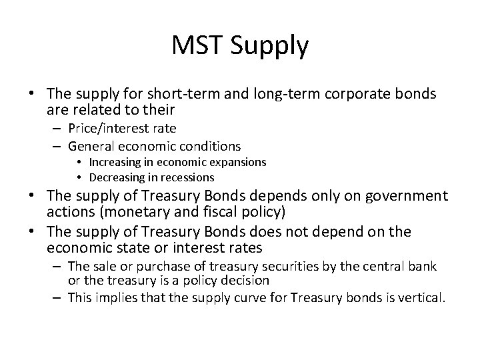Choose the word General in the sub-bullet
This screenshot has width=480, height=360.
[95, 145]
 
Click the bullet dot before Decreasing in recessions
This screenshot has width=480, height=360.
[79, 178]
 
